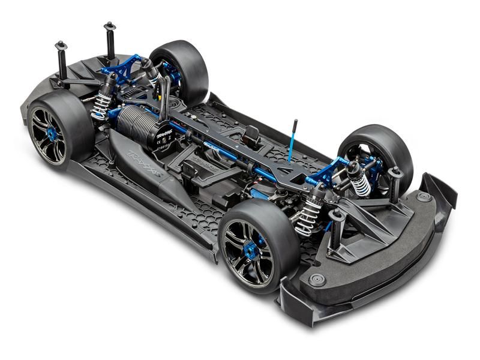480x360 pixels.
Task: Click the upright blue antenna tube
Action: click(x=292, y=141)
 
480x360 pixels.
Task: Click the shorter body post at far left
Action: click(x=62, y=60)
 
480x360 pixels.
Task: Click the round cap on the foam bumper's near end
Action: click(x=317, y=280)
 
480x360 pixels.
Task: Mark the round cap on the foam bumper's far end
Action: click(x=424, y=196)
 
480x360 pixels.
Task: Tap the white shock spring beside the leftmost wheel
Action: click(x=100, y=107)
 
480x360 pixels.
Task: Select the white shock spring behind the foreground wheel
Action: click(x=310, y=216)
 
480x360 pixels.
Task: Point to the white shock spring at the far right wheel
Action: click(x=362, y=184)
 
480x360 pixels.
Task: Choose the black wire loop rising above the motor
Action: click(x=163, y=96)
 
